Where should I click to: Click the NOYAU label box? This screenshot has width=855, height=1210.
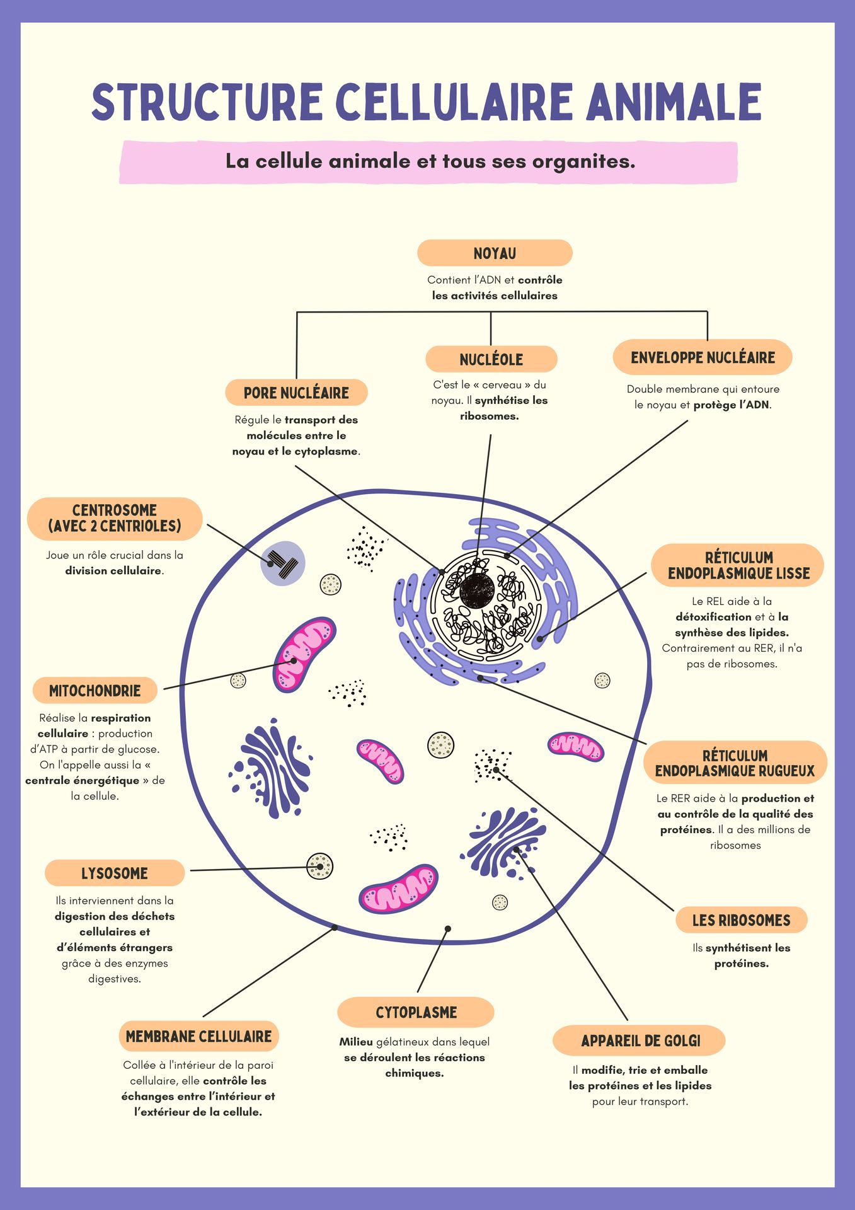(x=495, y=253)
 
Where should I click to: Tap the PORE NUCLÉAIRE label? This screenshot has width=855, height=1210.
(x=296, y=393)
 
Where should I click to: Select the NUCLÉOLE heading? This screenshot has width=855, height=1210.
(x=491, y=359)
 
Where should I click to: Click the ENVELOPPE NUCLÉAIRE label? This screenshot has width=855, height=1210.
(x=703, y=357)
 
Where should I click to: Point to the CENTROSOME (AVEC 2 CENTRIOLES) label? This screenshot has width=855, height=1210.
(x=115, y=519)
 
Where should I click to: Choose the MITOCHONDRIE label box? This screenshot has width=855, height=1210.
(x=95, y=691)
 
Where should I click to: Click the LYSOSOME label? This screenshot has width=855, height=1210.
(x=115, y=873)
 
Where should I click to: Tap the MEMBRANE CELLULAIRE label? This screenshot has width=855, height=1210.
(x=198, y=1036)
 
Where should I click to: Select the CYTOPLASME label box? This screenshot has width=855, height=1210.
(x=416, y=1012)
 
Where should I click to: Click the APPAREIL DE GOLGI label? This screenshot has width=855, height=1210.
(x=640, y=1040)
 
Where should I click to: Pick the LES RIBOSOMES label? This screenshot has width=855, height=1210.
(x=741, y=920)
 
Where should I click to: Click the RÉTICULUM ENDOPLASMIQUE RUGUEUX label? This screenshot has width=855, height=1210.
(x=735, y=763)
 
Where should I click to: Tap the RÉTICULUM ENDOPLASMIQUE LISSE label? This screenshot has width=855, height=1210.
(x=738, y=565)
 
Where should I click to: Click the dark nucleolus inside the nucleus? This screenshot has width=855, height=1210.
(x=477, y=592)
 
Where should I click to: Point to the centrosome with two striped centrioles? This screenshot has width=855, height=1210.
(x=283, y=563)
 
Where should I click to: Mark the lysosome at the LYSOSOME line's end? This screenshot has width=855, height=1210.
(x=319, y=867)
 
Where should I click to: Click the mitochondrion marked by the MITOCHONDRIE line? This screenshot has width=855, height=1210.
(x=304, y=655)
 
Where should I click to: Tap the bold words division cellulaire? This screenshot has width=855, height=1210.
(x=113, y=571)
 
